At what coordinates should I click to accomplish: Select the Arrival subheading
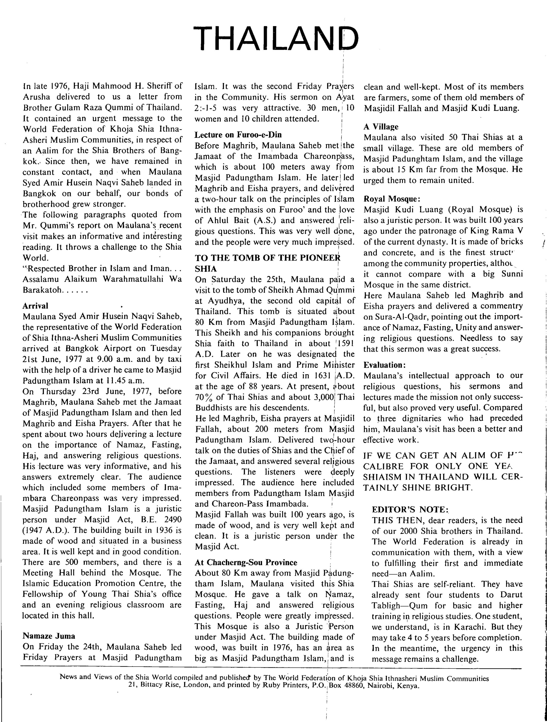point(35,306)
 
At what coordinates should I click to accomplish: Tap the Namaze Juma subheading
point(49,636)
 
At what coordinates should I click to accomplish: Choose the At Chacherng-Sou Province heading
point(246,562)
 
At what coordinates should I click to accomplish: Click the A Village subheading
point(381,127)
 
